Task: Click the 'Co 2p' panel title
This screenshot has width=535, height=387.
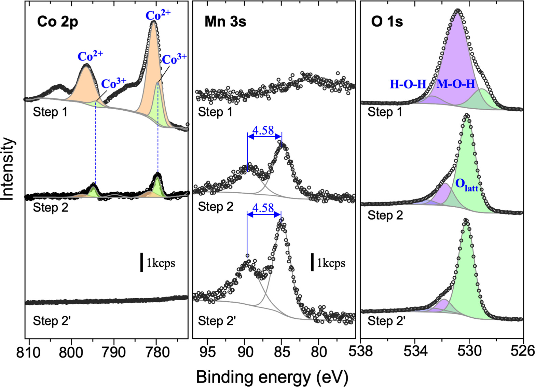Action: coord(57,22)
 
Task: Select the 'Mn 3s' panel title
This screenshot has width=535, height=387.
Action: coord(225,22)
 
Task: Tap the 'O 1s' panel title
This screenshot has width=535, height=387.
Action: coord(387,22)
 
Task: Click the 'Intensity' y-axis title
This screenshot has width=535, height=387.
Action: coord(8,169)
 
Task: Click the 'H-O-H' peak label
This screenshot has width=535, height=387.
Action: coord(408,84)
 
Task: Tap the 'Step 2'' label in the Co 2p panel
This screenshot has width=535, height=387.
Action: coord(52,321)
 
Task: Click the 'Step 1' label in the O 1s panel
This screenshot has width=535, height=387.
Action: coord(385,112)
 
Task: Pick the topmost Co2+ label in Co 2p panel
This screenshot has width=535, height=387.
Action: coord(158,15)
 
